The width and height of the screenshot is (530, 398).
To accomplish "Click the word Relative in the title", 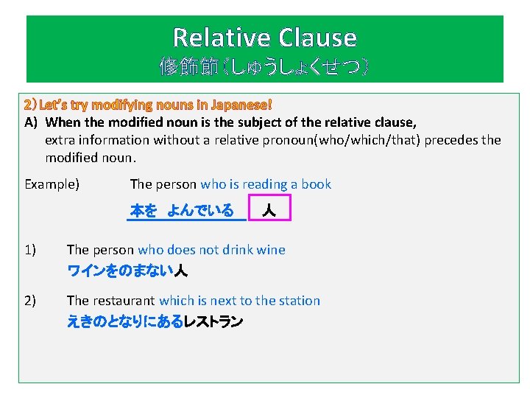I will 221,38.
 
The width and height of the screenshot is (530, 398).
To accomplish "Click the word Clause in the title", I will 318,38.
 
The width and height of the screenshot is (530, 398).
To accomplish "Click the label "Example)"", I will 52,184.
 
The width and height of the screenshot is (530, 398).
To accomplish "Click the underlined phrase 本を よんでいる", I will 182,212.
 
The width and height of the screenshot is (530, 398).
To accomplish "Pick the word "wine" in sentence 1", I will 270,250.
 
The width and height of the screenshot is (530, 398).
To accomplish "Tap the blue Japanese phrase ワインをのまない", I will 120,271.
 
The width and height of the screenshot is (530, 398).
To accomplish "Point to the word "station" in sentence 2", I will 297,300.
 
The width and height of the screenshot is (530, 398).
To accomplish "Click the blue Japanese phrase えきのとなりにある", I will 124,322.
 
